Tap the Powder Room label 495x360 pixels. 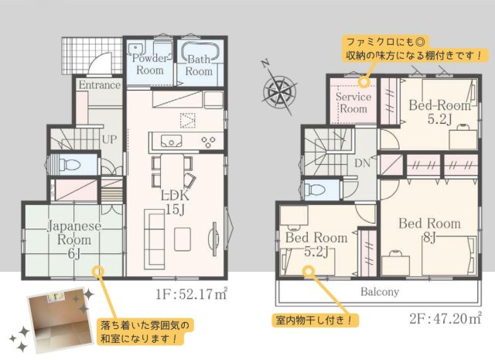tap(150, 64)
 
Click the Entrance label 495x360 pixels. tap(98, 85)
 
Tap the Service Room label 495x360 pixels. tap(353, 103)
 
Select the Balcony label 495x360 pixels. tap(378, 292)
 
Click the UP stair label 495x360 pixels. tap(109, 139)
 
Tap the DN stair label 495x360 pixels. tap(361, 163)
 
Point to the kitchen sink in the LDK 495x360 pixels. tap(172, 140)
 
